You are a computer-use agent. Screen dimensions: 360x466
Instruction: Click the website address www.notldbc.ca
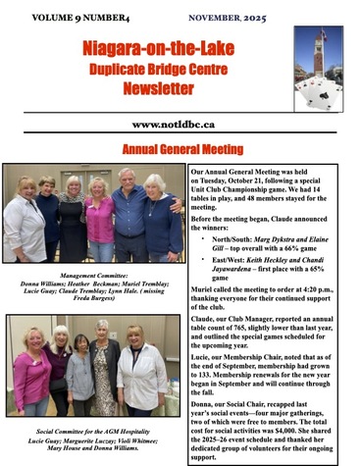(180, 125)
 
